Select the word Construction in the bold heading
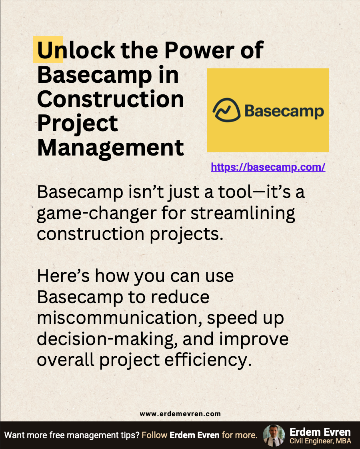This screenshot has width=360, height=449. pos(110,100)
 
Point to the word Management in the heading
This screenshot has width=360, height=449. pos(110,148)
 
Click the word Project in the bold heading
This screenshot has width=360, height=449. pos(78,124)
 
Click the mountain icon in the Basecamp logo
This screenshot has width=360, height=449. pos(226,110)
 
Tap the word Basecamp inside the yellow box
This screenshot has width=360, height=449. pos(284,111)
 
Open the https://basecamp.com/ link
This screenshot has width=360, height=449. pos(268,167)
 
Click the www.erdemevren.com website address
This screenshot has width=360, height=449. pos(180,414)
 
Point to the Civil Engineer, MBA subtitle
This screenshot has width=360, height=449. pos(320,441)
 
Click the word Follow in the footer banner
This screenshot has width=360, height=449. pos(155,435)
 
